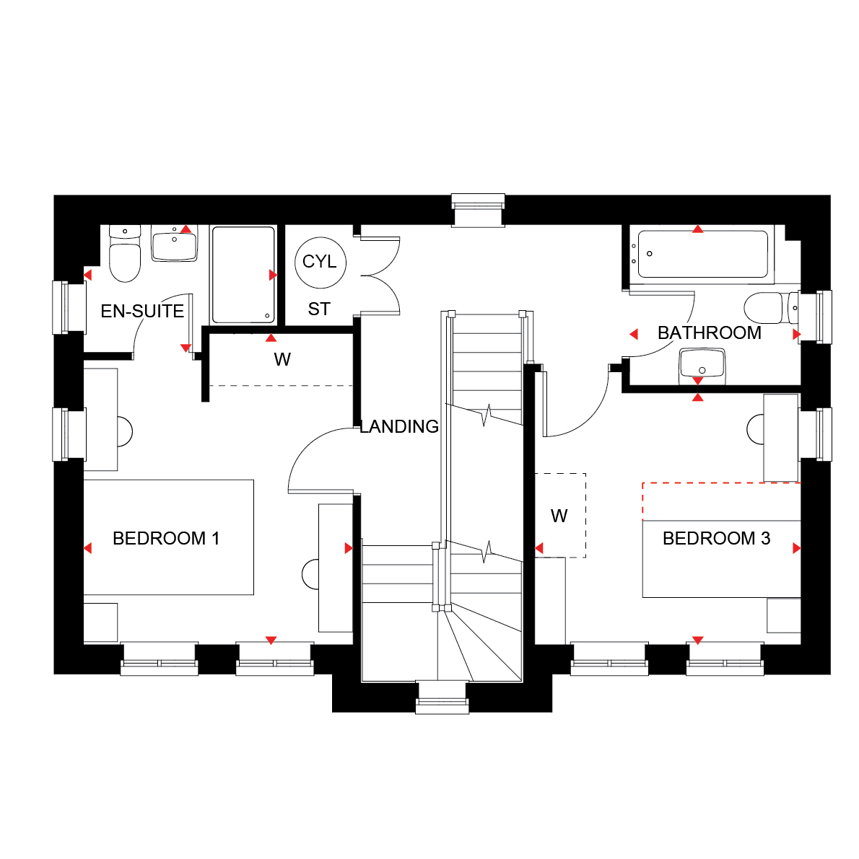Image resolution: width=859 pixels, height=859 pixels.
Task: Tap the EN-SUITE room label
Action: [142, 311]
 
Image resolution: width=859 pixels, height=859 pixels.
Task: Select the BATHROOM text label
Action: [710, 332]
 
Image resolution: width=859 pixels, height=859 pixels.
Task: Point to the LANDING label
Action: [399, 426]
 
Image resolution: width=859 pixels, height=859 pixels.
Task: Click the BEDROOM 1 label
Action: [166, 538]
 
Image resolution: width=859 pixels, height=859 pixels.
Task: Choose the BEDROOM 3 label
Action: [717, 538]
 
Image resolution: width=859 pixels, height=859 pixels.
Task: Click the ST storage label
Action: [319, 309]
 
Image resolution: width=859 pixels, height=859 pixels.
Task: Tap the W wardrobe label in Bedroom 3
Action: [559, 516]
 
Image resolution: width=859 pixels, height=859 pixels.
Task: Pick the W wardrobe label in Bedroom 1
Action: [282, 359]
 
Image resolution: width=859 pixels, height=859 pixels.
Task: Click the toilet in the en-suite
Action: [125, 253]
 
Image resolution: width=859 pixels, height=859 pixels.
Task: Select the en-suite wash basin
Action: [174, 244]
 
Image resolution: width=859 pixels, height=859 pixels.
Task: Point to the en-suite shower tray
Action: [243, 275]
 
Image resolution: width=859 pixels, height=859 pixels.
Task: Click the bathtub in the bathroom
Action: [702, 254]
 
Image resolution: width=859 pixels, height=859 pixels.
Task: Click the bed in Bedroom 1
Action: [169, 537]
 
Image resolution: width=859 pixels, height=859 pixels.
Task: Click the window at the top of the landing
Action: [478, 210]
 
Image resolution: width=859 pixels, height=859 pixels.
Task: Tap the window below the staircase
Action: [442, 697]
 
